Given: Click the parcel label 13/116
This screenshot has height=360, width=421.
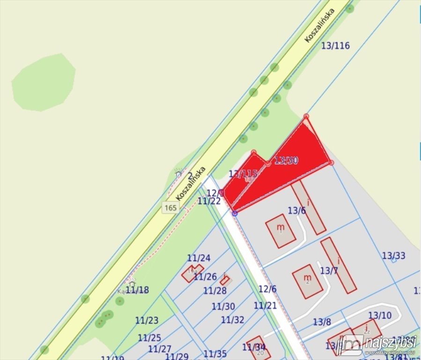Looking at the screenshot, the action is click(x=336, y=45).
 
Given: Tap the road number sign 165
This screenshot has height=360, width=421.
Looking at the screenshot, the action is click(x=170, y=207).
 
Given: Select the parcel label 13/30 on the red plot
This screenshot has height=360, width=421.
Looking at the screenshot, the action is click(x=286, y=160).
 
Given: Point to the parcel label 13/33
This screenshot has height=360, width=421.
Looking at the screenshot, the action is click(x=393, y=255).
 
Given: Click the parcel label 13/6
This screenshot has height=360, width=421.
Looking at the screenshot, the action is click(x=296, y=210).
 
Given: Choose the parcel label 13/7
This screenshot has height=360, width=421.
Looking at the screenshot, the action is click(x=329, y=270).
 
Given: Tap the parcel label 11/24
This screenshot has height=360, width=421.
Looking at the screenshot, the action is click(x=199, y=258).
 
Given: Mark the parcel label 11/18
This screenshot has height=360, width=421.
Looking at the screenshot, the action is click(x=137, y=290).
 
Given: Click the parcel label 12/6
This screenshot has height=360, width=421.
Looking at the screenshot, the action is click(x=267, y=289).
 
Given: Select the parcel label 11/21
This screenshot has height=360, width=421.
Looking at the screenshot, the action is click(x=265, y=305).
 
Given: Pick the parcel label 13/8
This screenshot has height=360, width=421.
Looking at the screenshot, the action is click(x=322, y=322).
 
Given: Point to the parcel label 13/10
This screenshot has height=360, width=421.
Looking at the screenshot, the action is click(x=379, y=315).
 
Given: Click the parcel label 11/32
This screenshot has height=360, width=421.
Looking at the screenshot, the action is click(x=233, y=320).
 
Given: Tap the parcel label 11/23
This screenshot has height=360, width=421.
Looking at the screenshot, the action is click(x=147, y=321).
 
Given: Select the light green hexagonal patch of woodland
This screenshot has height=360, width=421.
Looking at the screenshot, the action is click(x=43, y=82).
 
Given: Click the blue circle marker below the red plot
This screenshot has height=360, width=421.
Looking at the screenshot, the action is click(x=235, y=213).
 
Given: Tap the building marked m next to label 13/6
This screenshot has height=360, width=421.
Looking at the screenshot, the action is click(x=281, y=231).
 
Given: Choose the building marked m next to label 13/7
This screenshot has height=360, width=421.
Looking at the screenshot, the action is click(x=307, y=281).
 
